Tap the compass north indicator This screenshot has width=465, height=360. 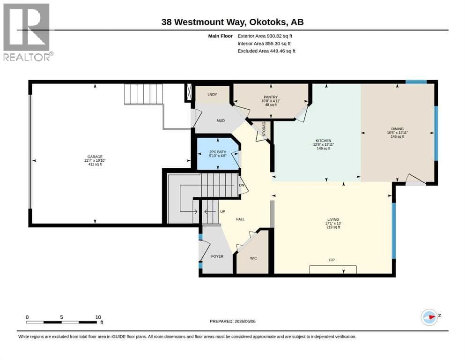(x=430, y=317)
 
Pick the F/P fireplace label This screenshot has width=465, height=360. (x=332, y=260)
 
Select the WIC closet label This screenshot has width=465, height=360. (x=253, y=258)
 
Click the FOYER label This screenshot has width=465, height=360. (x=217, y=256)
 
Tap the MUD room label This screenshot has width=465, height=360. (x=221, y=120)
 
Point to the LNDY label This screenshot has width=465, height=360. (x=212, y=94)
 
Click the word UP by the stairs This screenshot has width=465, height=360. (x=223, y=211)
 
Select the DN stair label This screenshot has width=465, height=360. (x=241, y=185)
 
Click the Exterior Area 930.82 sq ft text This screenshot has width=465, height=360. (x=265, y=36)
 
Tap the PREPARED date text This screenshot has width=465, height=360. (x=232, y=321)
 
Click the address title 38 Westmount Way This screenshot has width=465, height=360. (x=203, y=22)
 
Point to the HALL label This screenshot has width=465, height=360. (x=240, y=219)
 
